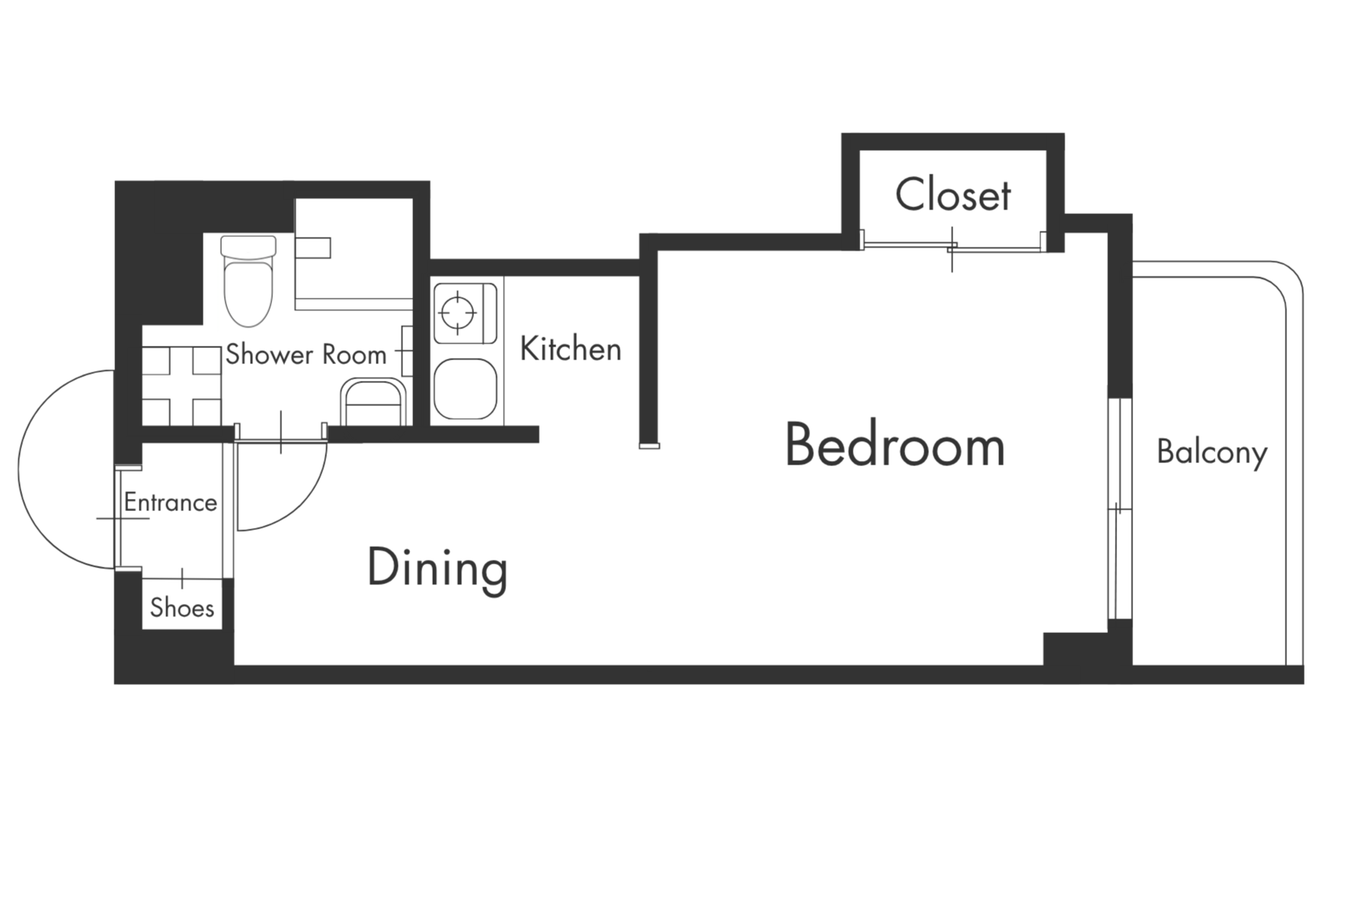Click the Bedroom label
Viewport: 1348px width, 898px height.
895,446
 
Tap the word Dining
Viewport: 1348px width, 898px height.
437,569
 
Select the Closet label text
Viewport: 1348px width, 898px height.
953,195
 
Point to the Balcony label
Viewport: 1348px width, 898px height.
1212,453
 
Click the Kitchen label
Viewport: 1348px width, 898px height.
571,349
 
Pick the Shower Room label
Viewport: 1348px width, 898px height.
306,355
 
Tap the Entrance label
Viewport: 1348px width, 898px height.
171,503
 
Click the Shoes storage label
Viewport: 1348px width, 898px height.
182,608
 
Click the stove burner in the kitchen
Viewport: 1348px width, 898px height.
458,312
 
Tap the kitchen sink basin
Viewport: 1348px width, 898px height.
465,388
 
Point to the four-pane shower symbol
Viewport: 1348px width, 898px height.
182,386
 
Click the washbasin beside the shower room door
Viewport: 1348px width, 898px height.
373,401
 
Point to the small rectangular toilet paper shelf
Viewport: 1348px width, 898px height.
313,248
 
